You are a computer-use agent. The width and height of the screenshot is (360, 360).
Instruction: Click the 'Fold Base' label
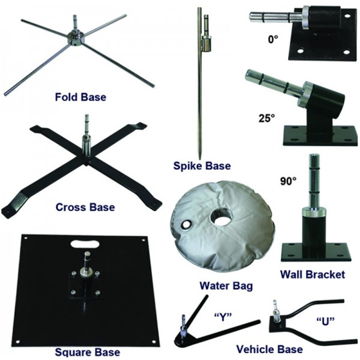[81, 97]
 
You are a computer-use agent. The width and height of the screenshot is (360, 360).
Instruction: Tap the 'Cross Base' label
[85, 207]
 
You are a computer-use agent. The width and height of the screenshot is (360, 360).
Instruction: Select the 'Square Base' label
[87, 352]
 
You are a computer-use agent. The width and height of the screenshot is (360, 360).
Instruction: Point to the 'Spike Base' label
[202, 166]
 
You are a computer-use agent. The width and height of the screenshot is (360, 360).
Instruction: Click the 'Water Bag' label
[226, 286]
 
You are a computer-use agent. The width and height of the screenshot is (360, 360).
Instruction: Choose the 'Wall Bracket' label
[312, 275]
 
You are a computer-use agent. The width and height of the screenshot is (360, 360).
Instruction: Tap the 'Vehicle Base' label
[270, 349]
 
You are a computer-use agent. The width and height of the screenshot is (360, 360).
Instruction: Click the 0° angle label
[273, 39]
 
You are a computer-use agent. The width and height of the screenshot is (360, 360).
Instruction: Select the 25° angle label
[266, 119]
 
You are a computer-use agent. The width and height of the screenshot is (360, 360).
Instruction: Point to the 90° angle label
[288, 181]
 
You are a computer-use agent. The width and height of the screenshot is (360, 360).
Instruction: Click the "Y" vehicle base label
[222, 318]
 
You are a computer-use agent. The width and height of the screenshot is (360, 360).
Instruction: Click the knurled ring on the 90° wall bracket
[313, 212]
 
